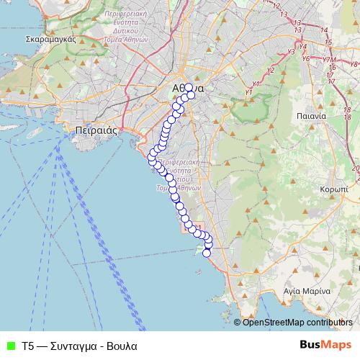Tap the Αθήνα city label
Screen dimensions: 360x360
pos(189,89)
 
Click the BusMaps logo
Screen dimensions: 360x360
pos(326,345)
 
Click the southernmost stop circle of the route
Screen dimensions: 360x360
pos(207,253)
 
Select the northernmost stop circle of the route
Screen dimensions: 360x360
pos(188,88)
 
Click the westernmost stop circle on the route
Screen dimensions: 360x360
pos(152,157)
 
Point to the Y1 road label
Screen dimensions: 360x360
pos(248,92)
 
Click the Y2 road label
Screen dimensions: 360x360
pos(271,70)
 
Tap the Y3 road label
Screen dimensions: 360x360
pos(291,52)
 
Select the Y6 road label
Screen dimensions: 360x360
pos(306,58)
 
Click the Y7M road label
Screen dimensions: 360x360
pos(328,60)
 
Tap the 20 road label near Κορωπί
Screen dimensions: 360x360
pos(356,168)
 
